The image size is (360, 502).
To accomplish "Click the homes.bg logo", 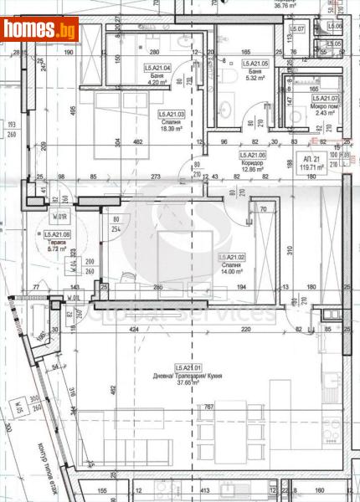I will [40, 31].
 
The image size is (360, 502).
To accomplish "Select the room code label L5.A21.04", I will [157, 68].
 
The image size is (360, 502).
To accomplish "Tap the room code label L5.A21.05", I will [255, 64].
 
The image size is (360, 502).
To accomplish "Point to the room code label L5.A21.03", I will [173, 113].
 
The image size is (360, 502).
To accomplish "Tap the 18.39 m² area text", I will [173, 130].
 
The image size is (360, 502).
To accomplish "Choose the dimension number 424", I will [131, 330].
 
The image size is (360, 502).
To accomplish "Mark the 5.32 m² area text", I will [255, 79].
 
